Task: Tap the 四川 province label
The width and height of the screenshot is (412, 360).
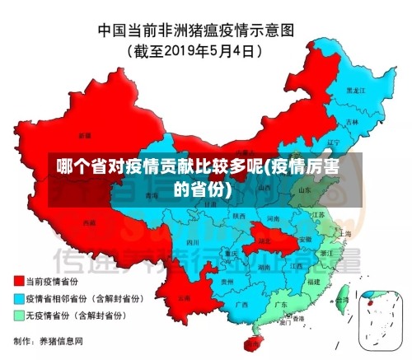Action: coord(193,242)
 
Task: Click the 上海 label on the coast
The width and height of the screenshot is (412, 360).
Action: coord(344,234)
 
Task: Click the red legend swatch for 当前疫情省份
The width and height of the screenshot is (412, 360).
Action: coord(18,279)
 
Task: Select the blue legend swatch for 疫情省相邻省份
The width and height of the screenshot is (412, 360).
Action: coord(18,297)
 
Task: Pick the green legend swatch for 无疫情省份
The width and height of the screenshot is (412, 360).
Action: coord(18,315)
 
